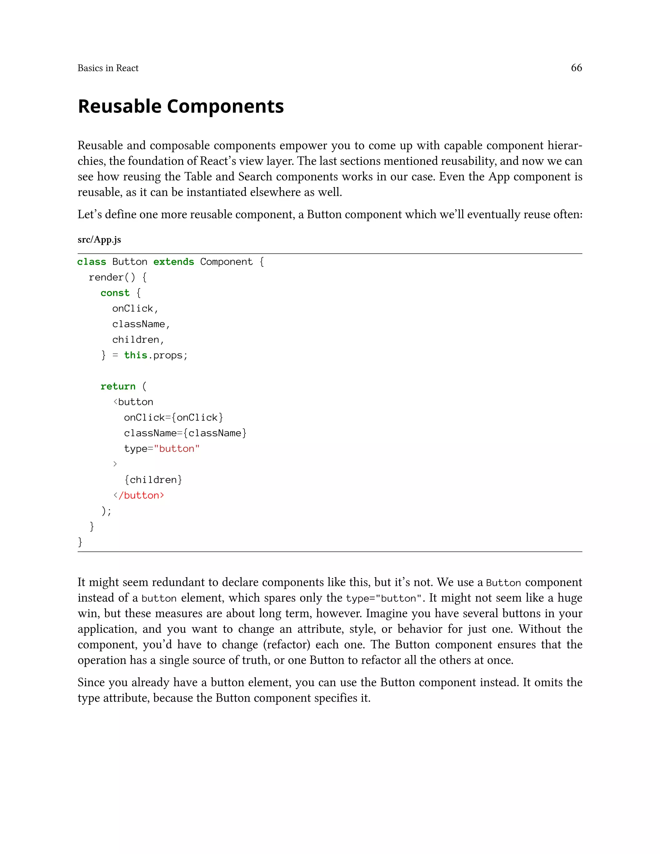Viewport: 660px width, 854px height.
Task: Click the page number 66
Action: [576, 68]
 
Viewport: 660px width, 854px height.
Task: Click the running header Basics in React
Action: [108, 68]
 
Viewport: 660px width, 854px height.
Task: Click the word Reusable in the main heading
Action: [120, 106]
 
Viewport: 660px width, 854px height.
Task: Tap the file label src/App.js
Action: [99, 240]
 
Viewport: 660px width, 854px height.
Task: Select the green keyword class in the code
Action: [92, 262]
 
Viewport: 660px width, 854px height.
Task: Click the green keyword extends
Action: [174, 262]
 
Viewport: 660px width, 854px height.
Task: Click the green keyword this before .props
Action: [135, 355]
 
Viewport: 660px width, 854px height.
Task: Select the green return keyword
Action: [118, 386]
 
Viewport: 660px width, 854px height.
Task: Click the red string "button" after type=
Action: [177, 449]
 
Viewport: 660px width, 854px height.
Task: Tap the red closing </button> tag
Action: [139, 495]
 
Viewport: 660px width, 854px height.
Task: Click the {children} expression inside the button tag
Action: [153, 480]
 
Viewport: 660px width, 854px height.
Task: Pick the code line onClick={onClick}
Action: [173, 418]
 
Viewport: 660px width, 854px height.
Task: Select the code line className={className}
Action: [185, 433]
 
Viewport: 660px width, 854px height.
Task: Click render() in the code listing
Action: [112, 277]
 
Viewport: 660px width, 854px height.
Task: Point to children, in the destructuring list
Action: [138, 339]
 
